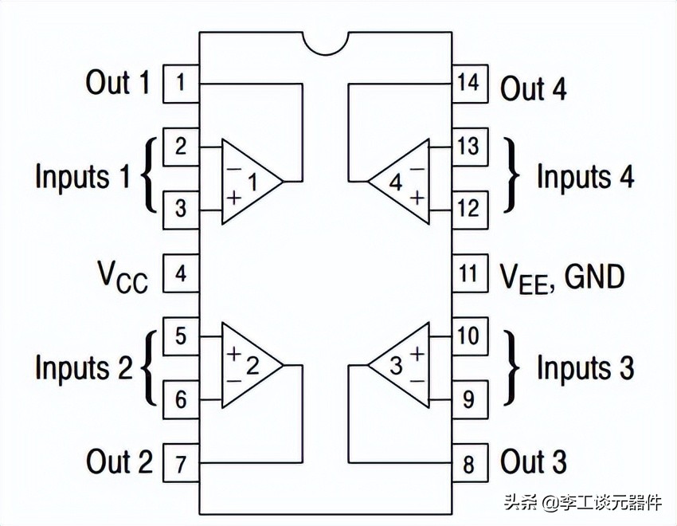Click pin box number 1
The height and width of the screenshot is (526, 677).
tap(181, 84)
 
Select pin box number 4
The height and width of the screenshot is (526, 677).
tap(181, 274)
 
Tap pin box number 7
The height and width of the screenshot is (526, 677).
tap(181, 462)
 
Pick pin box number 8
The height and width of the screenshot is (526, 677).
tap(469, 462)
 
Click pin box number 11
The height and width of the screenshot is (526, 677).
tap(469, 274)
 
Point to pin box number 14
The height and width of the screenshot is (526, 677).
tap(469, 84)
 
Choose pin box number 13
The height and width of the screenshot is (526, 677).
tap(469, 147)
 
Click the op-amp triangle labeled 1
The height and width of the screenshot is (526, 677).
tap(246, 181)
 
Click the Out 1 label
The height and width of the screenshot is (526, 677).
tap(118, 83)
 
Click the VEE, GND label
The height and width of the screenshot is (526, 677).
tap(562, 277)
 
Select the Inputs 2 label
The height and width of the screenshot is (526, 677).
tap(84, 367)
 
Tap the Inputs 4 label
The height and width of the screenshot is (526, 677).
tap(585, 177)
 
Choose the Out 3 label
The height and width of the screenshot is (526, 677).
tap(534, 462)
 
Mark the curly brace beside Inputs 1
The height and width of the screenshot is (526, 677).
tap(148, 177)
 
